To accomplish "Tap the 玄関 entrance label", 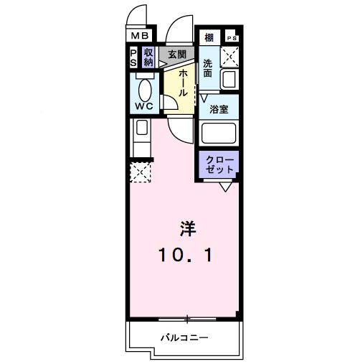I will tap(177, 54).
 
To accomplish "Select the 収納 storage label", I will tap(148, 57).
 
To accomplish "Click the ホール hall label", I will tap(183, 83).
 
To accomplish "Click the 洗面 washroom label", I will tap(208, 68).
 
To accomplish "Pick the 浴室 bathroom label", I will tap(219, 109).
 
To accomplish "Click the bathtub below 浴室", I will tap(219, 134).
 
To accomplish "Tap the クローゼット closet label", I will tap(219, 164).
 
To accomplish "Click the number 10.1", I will tap(186, 253).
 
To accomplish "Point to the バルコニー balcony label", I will tap(184, 337).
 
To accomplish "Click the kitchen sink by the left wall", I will tap(141, 129).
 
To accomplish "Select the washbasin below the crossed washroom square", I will tap(229, 79).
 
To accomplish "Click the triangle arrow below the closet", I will tap(225, 187).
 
